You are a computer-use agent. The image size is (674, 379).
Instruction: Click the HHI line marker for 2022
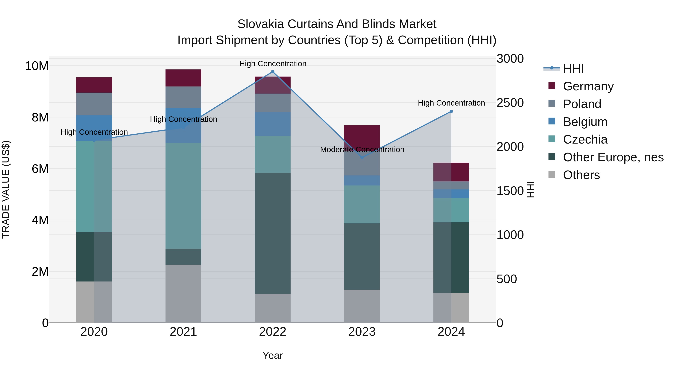273,72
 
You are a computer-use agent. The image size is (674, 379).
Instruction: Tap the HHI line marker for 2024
451,111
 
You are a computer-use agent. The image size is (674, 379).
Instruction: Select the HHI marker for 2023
362,157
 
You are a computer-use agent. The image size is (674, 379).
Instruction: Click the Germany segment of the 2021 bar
183,78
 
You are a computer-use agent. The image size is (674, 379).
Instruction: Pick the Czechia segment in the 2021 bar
183,196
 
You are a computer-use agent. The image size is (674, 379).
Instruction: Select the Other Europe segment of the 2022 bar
273,233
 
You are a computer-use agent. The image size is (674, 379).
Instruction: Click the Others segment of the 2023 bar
362,306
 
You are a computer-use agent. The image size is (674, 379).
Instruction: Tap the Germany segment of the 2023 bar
362,136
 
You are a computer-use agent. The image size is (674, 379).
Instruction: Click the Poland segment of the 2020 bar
94,104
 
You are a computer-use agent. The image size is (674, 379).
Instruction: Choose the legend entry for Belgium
585,122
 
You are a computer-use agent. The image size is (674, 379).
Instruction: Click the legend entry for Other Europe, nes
613,157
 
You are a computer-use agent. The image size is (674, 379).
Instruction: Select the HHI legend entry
573,69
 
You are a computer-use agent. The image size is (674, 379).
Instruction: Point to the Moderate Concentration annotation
362,150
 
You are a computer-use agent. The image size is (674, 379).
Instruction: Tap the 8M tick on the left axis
40,117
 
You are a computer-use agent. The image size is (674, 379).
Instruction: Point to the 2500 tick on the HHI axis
510,103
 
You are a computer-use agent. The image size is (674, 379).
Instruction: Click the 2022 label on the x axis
273,332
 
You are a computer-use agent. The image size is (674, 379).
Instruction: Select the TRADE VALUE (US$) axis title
6,189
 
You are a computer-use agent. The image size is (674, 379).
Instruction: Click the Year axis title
273,355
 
